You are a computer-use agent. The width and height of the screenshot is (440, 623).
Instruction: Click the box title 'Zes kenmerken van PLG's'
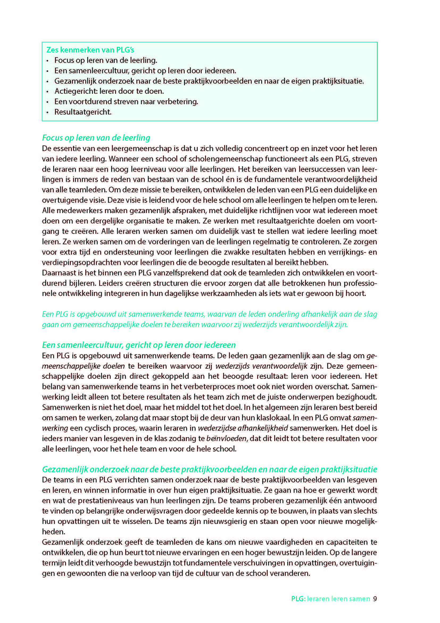pyautogui.click(x=90, y=50)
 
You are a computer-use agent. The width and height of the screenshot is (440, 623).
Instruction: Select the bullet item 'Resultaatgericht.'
pyautogui.click(x=83, y=112)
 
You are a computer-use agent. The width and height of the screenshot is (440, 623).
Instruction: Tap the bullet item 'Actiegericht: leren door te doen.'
pyautogui.click(x=109, y=91)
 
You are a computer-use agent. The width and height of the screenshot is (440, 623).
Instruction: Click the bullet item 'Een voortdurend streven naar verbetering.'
pyautogui.click(x=126, y=102)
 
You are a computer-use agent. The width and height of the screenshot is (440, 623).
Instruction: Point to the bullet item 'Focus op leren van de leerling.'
pyautogui.click(x=106, y=60)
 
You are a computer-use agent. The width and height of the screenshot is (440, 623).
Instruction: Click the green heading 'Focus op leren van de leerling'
pyautogui.click(x=96, y=138)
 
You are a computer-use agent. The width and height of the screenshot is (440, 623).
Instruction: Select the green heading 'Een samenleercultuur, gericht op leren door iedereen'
pyautogui.click(x=139, y=345)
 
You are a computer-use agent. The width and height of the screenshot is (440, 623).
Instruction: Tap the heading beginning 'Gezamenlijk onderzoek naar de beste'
pyautogui.click(x=209, y=469)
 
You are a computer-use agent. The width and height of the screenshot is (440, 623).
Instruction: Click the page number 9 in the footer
pyautogui.click(x=375, y=599)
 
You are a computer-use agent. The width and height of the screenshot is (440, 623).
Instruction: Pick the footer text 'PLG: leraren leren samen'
pyautogui.click(x=331, y=599)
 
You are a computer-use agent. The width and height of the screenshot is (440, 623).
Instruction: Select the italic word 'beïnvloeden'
pyautogui.click(x=226, y=439)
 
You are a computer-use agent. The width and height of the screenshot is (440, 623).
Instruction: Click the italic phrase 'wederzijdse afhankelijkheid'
pyautogui.click(x=243, y=428)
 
